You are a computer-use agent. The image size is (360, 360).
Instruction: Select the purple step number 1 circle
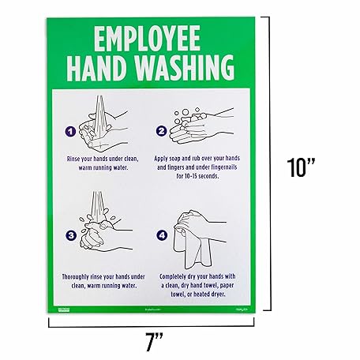coord(70,130)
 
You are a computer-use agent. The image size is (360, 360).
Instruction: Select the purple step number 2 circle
coord(161,130)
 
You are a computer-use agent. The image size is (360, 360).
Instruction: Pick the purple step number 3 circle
coord(70,234)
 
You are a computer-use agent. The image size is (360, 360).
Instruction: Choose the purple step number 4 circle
coord(161,234)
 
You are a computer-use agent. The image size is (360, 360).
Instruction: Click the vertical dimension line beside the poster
coord(275,168)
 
